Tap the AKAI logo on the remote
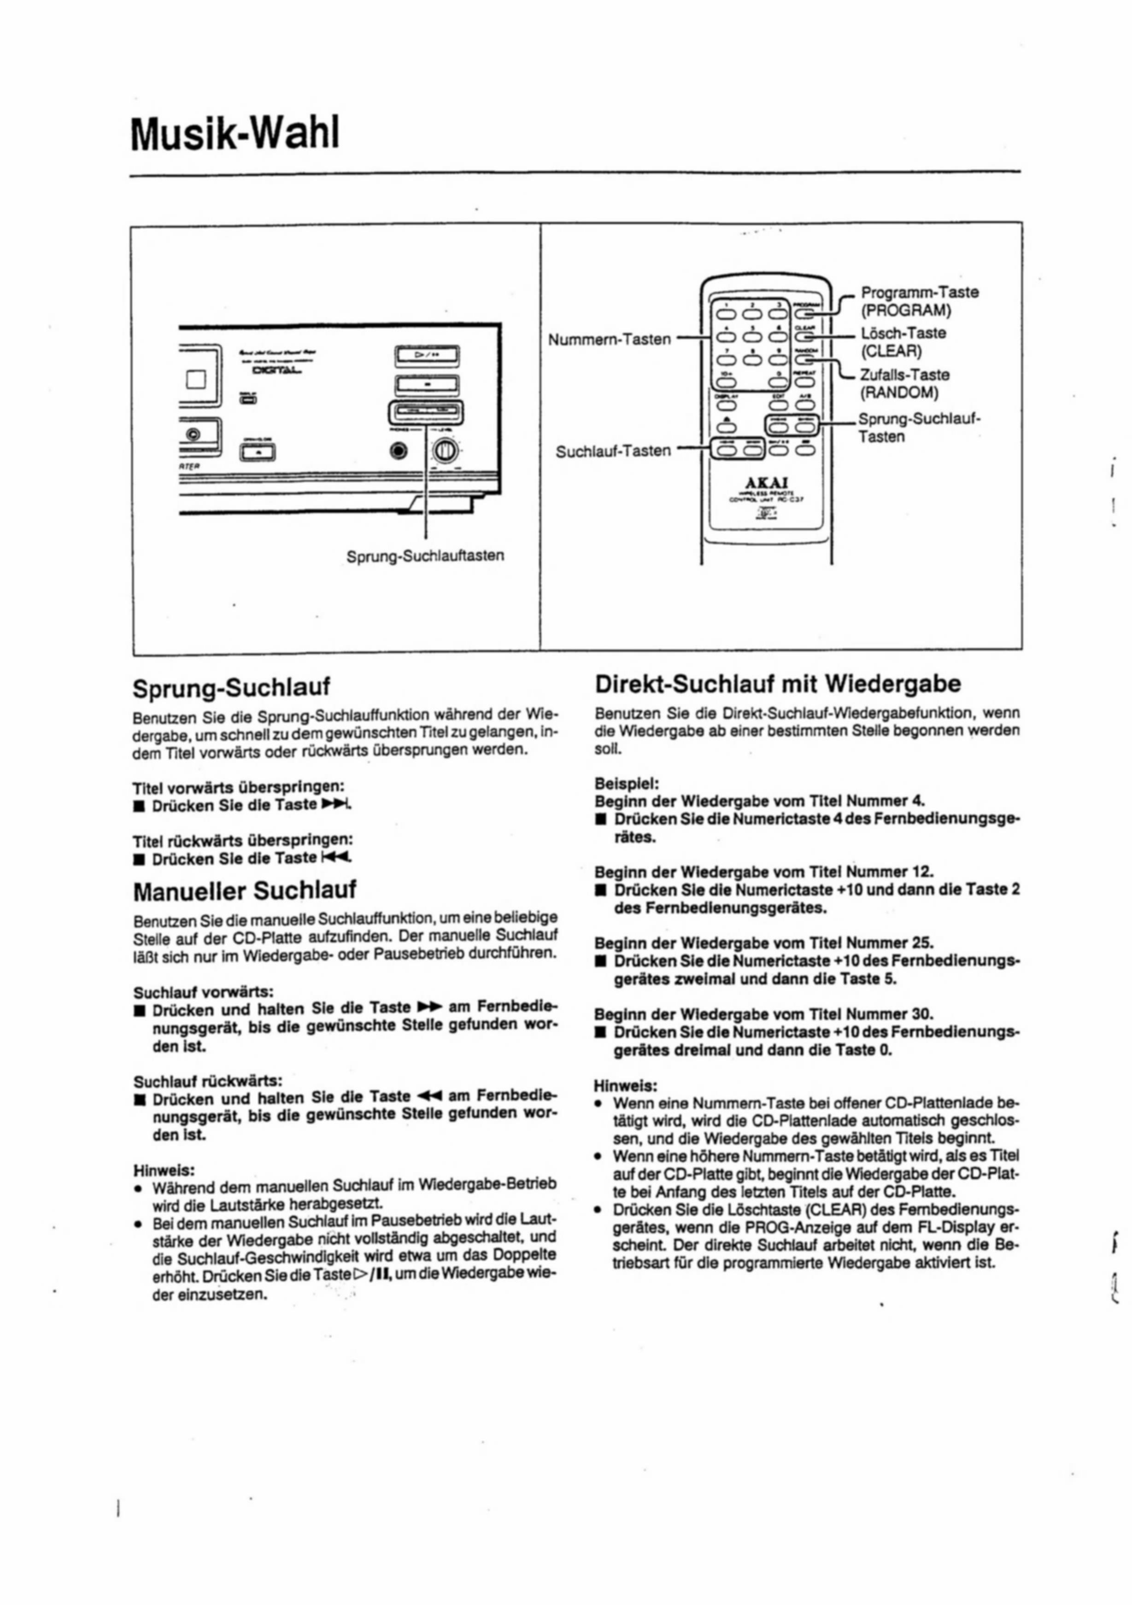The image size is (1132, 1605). (x=767, y=482)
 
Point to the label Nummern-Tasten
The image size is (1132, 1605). (x=609, y=340)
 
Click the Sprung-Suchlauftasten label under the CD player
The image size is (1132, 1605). (x=425, y=556)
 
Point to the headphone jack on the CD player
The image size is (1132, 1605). (x=399, y=451)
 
